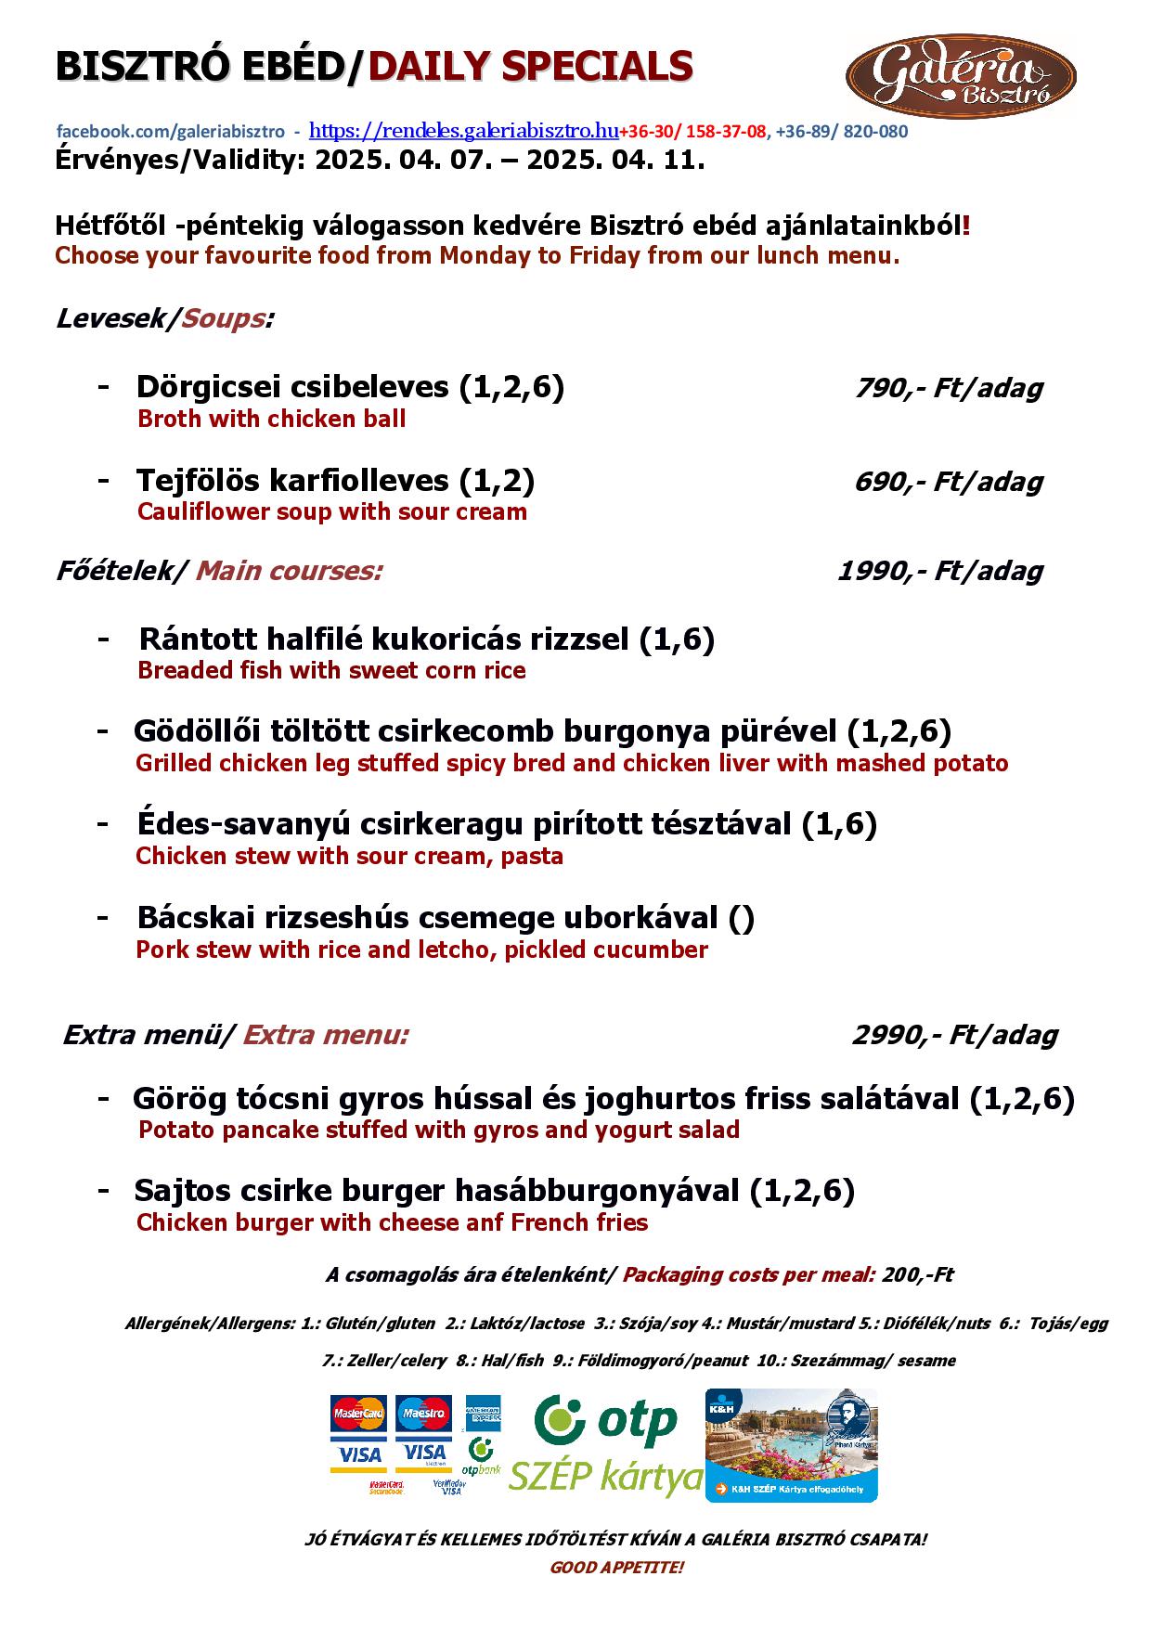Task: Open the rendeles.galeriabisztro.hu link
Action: [x=463, y=130]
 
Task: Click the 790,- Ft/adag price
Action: [x=948, y=388]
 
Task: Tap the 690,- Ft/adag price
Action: [x=948, y=482]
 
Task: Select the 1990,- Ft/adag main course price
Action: [x=939, y=571]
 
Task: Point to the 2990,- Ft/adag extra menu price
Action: [x=954, y=1035]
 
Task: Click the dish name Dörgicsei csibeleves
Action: [x=294, y=387]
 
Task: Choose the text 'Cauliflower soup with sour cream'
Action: [x=331, y=512]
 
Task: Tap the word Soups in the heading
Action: [x=223, y=319]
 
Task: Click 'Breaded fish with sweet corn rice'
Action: [x=331, y=671]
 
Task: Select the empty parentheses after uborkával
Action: [x=741, y=919]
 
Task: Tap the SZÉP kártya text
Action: [x=605, y=1475]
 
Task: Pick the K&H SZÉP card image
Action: [x=791, y=1445]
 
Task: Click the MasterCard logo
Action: [x=358, y=1414]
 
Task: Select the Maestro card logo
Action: [x=423, y=1414]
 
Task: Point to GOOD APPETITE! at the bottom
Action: [x=616, y=1568]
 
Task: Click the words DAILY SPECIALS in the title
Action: [x=531, y=67]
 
